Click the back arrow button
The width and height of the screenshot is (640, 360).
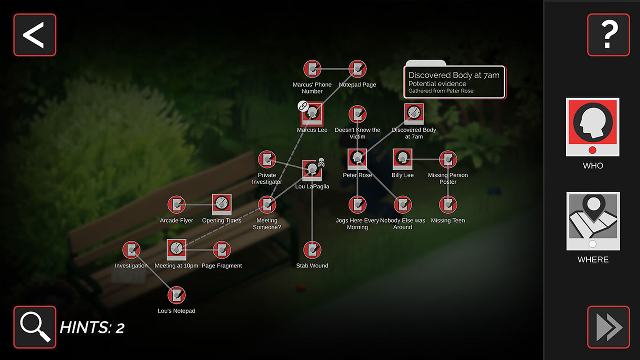(x=35, y=35)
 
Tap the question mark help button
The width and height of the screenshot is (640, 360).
(x=608, y=35)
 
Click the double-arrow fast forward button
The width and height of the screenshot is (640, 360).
(x=608, y=327)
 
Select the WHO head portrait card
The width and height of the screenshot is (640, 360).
(x=593, y=127)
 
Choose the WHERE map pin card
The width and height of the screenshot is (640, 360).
(x=593, y=221)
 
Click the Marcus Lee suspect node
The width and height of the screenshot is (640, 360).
(x=312, y=114)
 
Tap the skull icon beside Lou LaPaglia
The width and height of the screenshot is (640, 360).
(x=321, y=162)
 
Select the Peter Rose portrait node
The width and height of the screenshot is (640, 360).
(x=357, y=159)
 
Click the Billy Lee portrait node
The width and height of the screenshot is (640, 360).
(x=402, y=159)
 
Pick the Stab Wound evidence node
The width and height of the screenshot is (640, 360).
(x=312, y=250)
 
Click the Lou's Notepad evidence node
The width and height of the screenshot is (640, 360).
(x=176, y=295)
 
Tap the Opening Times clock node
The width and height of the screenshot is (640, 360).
(x=222, y=204)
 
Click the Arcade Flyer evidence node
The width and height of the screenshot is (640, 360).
(x=176, y=204)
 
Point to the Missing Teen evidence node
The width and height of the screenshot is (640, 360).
(x=448, y=204)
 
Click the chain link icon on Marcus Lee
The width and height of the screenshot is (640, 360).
(x=303, y=106)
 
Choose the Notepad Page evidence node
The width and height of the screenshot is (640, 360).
(x=357, y=69)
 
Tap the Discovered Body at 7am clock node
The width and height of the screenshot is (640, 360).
(x=414, y=114)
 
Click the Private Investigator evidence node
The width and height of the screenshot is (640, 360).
(x=267, y=159)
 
